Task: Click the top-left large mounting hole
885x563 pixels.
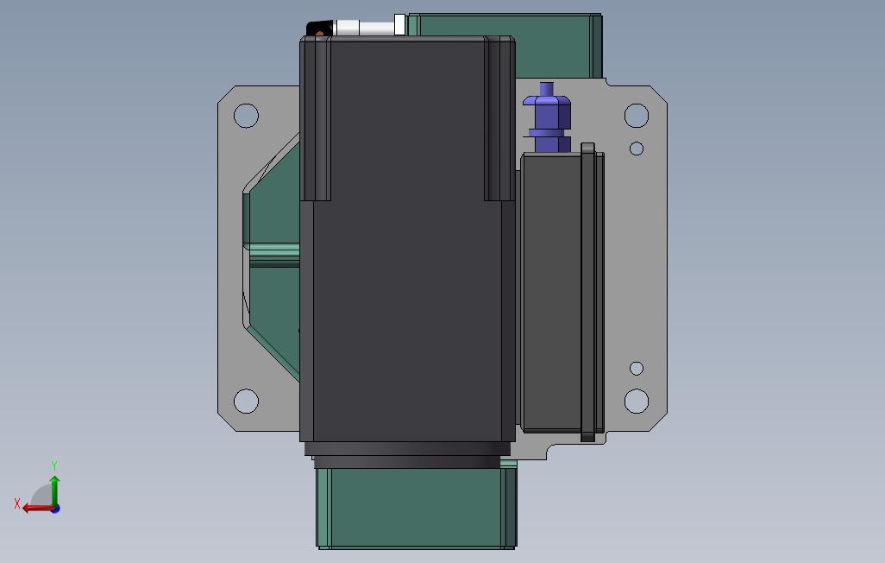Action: point(246,116)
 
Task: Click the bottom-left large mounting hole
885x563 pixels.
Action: point(246,401)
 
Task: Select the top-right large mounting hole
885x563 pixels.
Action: point(637,116)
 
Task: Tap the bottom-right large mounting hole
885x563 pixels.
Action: point(637,401)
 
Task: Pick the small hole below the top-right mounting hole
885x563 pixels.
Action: point(637,149)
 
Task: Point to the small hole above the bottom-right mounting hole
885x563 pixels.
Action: point(637,369)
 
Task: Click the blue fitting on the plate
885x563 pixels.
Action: point(547,117)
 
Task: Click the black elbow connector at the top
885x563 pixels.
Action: point(319,28)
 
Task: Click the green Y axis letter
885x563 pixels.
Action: point(54,465)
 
